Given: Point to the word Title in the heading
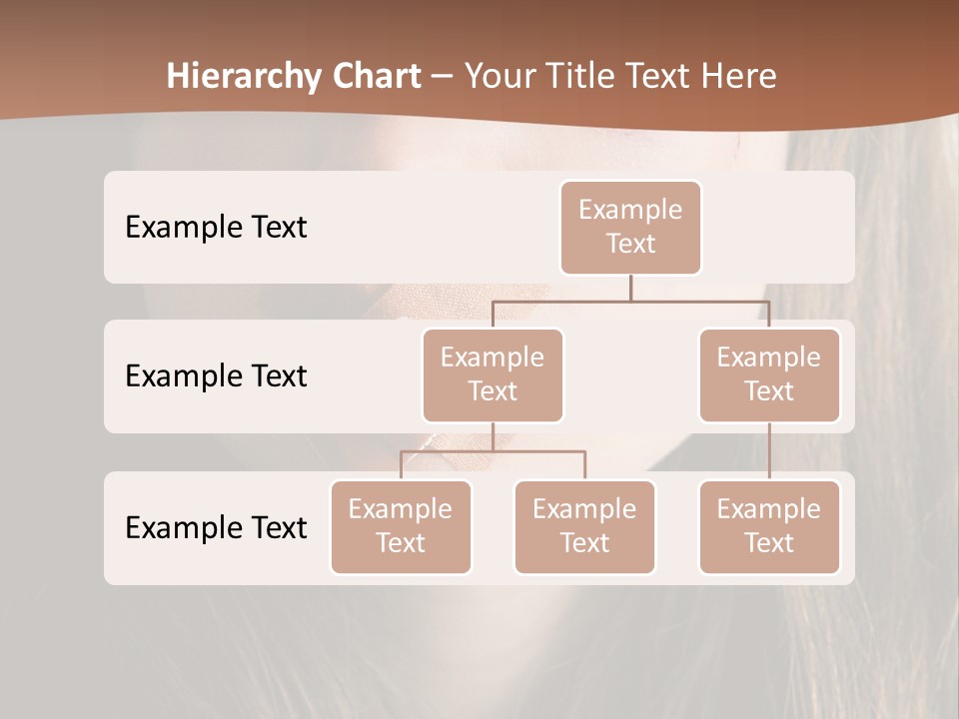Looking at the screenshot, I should (581, 77).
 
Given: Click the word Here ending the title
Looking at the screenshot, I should (738, 77).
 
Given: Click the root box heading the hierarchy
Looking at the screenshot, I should (630, 227).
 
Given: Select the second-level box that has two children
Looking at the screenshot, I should (492, 374).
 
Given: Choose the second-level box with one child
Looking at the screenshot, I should (769, 374).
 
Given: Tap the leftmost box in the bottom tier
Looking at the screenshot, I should (401, 526).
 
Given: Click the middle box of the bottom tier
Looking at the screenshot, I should (584, 526).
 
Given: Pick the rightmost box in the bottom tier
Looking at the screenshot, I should (769, 526).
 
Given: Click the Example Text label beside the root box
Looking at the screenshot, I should (216, 227).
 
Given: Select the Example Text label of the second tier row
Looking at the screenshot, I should (216, 375).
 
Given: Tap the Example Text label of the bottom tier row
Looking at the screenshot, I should (216, 527).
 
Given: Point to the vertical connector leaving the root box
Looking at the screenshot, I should (630, 288).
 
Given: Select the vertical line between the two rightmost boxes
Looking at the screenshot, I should (769, 451).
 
